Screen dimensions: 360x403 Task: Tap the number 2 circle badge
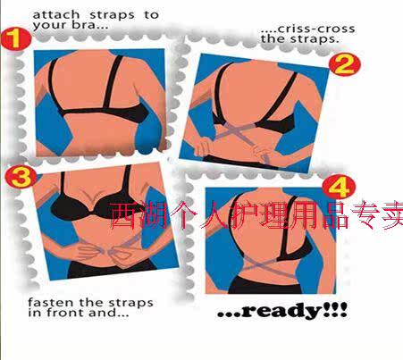pyautogui.click(x=347, y=64)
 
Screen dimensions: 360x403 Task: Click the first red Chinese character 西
pyautogui.click(x=124, y=216)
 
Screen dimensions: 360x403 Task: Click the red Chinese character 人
pyautogui.click(x=213, y=216)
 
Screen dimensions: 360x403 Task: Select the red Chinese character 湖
pyautogui.click(x=155, y=216)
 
